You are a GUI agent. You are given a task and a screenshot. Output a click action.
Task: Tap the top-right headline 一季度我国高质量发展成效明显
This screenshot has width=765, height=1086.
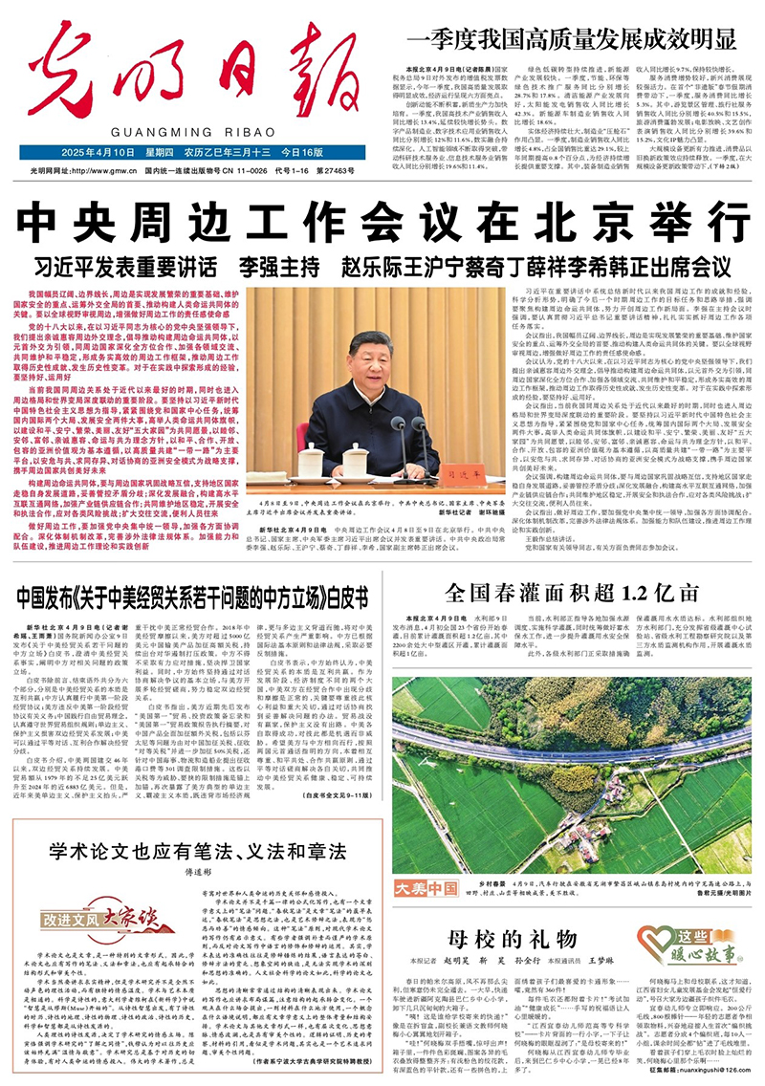(x=574, y=39)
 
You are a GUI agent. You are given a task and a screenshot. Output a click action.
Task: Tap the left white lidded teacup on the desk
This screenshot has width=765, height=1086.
(x=284, y=460)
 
